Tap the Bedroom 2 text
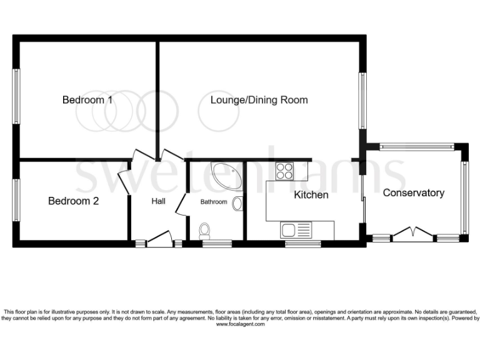click(x=73, y=201)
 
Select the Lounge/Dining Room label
click(x=259, y=100)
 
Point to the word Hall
click(x=158, y=201)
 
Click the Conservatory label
click(x=413, y=192)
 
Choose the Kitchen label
click(x=311, y=195)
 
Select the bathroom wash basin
click(x=237, y=204)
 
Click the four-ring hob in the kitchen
click(x=284, y=171)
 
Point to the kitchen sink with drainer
click(x=296, y=230)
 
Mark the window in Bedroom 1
click(x=17, y=96)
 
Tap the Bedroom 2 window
click(x=17, y=200)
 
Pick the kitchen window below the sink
click(x=302, y=242)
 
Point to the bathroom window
click(x=216, y=242)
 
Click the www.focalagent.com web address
click(x=239, y=324)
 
